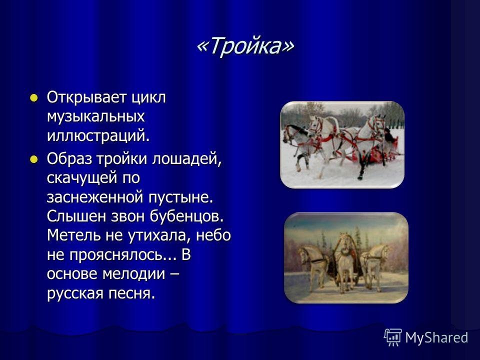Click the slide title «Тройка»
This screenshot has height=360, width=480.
pyautogui.click(x=245, y=46)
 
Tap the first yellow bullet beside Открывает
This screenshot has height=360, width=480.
pyautogui.click(x=33, y=98)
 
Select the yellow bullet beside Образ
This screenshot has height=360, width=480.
pyautogui.click(x=33, y=159)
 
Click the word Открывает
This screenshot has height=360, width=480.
pyautogui.click(x=86, y=98)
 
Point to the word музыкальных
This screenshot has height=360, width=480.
pyautogui.click(x=96, y=117)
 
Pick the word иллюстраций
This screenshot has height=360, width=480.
pyautogui.click(x=98, y=135)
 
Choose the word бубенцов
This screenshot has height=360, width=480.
pyautogui.click(x=186, y=216)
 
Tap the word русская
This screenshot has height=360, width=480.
pyautogui.click(x=75, y=293)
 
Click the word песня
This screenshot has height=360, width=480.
pyautogui.click(x=132, y=293)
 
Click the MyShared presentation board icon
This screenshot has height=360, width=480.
pyautogui.click(x=393, y=337)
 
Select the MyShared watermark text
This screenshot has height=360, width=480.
pyautogui.click(x=436, y=337)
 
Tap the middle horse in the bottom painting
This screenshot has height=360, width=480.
pyautogui.click(x=345, y=260)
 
